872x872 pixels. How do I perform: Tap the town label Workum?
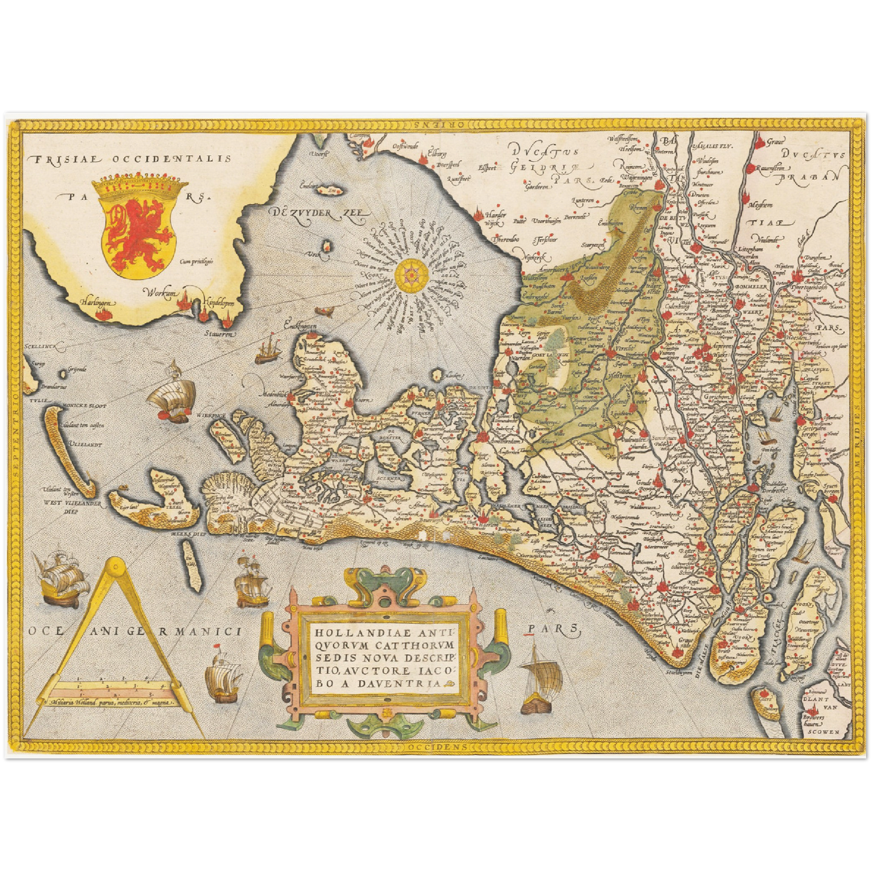[161, 293]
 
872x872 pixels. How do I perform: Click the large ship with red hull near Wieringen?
[173, 398]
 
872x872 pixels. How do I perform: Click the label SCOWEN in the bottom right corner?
[825, 731]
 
